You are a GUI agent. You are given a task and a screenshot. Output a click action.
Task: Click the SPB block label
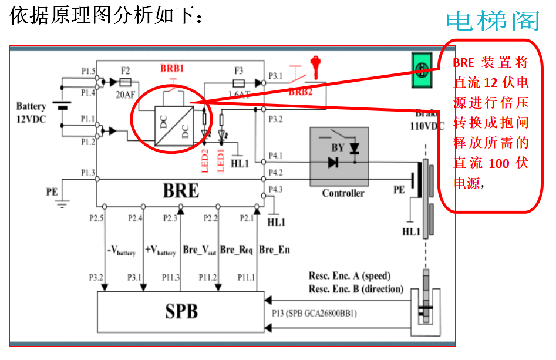click(x=181, y=311)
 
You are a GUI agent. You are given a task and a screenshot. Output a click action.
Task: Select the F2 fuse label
click(x=124, y=70)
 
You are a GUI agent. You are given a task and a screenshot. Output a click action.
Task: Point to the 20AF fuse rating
click(x=124, y=94)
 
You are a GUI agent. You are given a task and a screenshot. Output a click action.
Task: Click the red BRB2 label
click(x=301, y=92)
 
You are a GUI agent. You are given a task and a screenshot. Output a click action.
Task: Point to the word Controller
click(x=343, y=193)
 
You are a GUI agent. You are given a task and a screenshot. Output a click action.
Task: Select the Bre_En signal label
click(x=274, y=250)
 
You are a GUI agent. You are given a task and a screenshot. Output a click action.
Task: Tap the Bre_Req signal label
click(x=236, y=250)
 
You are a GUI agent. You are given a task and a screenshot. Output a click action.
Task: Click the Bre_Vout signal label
click(x=200, y=250)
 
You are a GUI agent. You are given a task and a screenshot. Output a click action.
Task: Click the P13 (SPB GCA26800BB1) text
click(x=314, y=313)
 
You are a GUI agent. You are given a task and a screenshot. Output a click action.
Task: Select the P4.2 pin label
click(x=275, y=173)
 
